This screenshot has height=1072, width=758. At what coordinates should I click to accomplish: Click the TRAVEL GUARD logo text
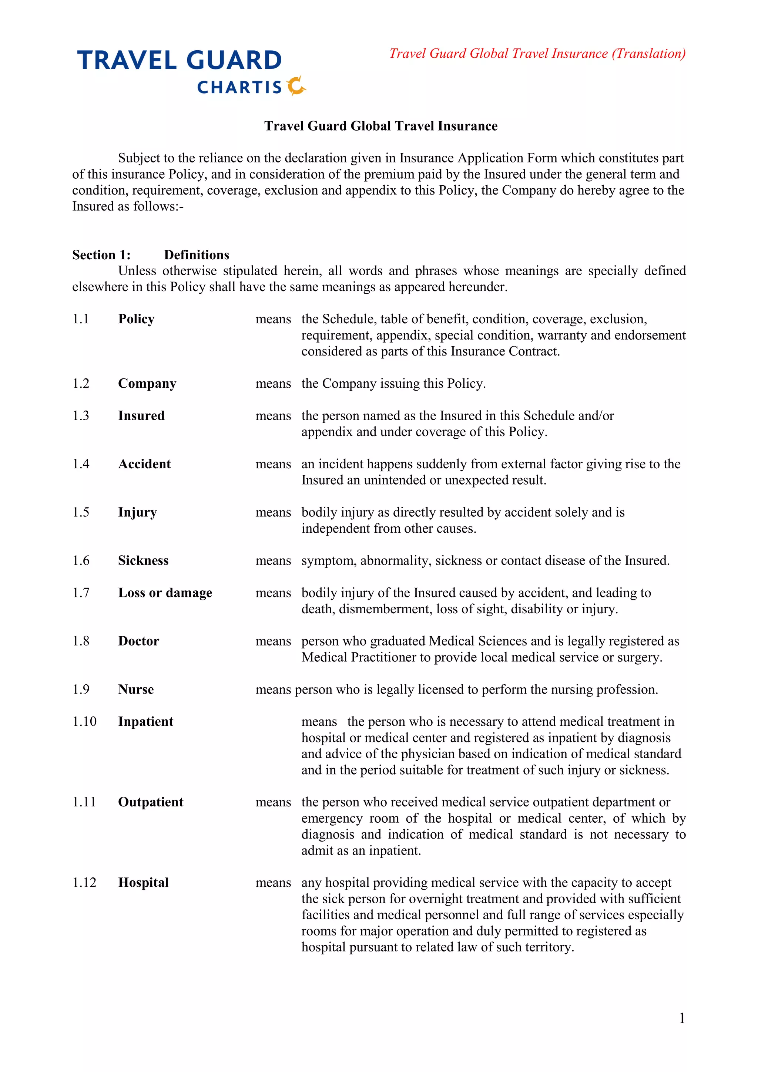pos(180,61)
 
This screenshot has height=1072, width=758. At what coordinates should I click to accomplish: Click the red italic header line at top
pos(537,54)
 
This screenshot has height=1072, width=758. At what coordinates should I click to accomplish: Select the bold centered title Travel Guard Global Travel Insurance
pos(380,126)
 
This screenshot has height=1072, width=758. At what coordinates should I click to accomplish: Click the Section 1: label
pos(101,255)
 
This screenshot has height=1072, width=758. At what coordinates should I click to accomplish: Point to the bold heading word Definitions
pos(197,255)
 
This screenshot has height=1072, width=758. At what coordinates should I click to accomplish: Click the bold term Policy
pos(136,319)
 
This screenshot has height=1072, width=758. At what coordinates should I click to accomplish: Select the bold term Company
pos(147,384)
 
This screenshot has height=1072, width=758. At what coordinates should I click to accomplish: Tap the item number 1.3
pos(81,416)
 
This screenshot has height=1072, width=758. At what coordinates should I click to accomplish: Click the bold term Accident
pos(144,464)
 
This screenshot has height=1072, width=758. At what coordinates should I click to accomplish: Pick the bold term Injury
pos(137,513)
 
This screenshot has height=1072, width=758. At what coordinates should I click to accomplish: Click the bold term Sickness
pos(143,561)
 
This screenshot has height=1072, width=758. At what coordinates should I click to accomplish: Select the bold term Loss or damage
pos(165,593)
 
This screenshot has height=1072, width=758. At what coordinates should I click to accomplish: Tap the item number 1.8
pos(81,641)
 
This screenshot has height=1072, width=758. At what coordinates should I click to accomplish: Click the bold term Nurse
pos(136,690)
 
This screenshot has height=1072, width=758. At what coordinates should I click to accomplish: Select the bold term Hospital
pos(143,883)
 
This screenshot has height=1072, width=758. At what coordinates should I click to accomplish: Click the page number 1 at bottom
pos(682,1018)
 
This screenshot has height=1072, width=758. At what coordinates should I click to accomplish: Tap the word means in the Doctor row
pos(273,641)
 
